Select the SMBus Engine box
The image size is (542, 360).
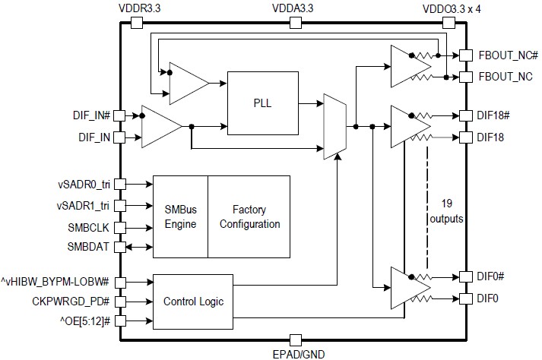180,216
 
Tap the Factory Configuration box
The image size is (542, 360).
249,216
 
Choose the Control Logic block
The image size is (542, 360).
194,302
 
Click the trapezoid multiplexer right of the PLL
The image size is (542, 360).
334,127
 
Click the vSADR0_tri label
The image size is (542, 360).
84,184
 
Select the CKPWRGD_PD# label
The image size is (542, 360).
71,302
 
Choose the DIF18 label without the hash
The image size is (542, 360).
492,137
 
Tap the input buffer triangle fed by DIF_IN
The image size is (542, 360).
160,127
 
